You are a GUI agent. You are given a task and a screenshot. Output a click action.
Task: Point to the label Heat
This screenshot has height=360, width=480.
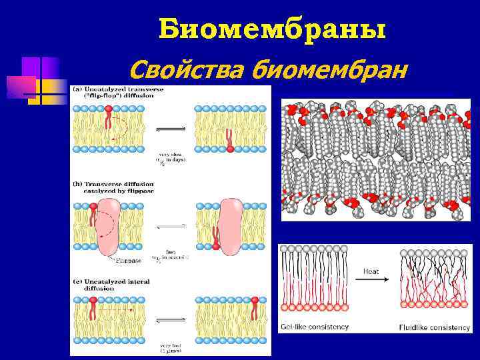(371, 271)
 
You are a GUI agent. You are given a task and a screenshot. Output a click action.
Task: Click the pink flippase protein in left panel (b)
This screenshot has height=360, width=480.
(109, 227)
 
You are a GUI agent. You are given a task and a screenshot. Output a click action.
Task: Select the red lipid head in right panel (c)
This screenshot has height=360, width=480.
(255, 302)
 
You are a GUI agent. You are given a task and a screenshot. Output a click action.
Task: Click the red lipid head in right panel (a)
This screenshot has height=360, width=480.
(231, 149)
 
